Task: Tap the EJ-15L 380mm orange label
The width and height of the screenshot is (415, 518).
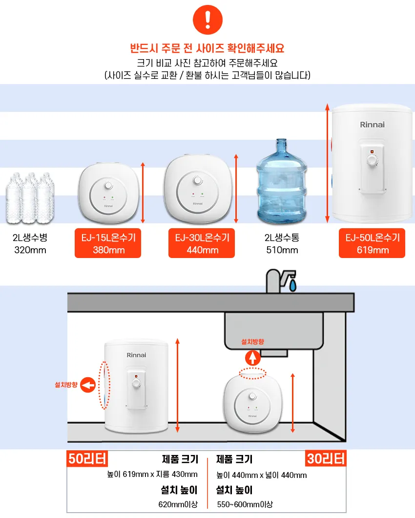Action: (x=108, y=244)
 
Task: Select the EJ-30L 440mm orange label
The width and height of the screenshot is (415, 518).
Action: (x=202, y=244)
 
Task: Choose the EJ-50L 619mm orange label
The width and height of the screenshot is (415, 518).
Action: (x=372, y=244)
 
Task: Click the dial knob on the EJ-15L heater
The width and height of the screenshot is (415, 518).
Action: (x=108, y=186)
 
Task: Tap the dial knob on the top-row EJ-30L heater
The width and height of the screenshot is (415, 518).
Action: (x=198, y=181)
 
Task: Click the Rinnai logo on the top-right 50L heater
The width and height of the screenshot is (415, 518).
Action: (x=372, y=125)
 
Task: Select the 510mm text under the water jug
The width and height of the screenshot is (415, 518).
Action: (x=282, y=251)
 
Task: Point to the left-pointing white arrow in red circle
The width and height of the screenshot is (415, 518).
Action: (x=88, y=386)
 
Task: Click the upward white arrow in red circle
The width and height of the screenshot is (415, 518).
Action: (x=252, y=358)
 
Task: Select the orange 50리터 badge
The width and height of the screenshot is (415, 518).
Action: (x=87, y=459)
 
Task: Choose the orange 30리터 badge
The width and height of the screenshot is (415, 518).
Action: (x=326, y=459)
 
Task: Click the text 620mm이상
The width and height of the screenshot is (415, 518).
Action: (x=178, y=504)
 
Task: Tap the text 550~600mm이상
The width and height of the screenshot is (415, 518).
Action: (x=245, y=504)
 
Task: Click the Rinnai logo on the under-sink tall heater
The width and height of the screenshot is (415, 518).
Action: (x=136, y=355)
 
